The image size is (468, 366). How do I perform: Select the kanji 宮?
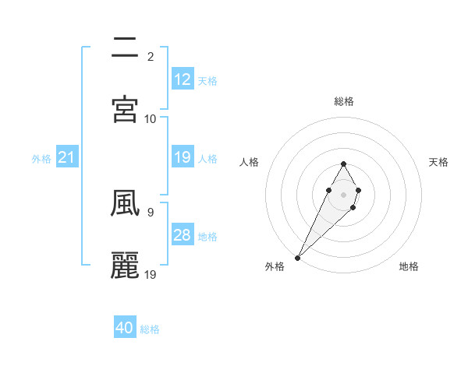coord(126,110)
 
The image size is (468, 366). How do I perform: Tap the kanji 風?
coord(126,203)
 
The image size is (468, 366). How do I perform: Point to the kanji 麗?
coord(126,265)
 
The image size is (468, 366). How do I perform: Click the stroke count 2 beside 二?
coord(150,57)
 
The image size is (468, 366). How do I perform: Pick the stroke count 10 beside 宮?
coord(151,118)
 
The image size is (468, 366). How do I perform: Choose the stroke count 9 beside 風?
coord(150,211)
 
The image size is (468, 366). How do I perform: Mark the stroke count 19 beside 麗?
coord(151,273)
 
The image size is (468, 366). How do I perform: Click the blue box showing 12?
coord(183,79)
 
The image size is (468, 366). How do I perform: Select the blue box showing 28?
coord(183,235)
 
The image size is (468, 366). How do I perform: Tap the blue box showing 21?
coord(67,158)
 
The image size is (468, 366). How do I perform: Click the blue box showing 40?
coord(125,328)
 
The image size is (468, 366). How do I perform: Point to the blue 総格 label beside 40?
coord(150,329)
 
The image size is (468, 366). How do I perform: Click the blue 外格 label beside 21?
coord(41,159)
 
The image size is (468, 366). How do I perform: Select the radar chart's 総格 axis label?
coord(344,101)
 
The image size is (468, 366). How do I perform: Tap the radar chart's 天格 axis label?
coord(438,162)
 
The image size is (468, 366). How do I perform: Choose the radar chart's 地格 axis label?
coord(409,266)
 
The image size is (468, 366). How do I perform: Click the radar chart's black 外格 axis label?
coord(275,266)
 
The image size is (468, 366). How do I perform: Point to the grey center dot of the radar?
coord(343,193)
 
